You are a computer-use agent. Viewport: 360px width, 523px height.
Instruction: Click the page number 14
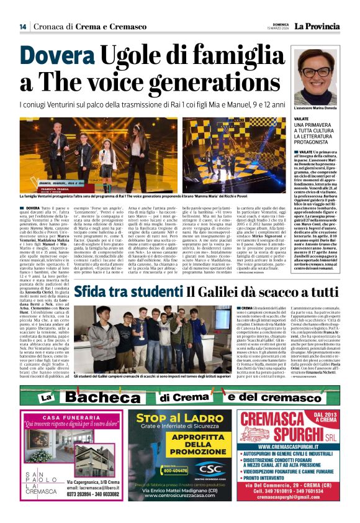(x=22, y=26)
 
